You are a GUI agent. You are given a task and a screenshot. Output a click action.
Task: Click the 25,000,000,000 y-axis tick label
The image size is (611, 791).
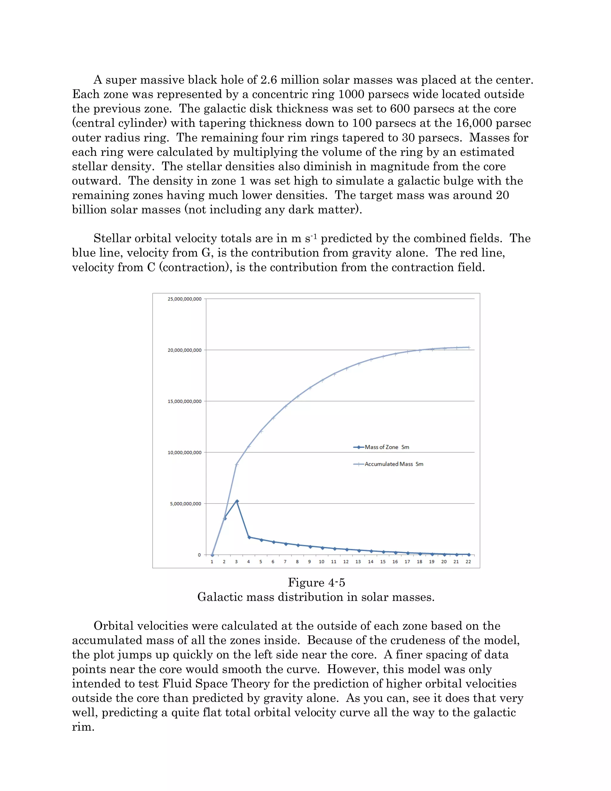(184, 299)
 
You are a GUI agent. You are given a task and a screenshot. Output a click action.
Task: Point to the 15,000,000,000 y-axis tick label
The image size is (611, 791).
(184, 401)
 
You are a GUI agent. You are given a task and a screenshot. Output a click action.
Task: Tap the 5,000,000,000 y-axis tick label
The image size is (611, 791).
(185, 504)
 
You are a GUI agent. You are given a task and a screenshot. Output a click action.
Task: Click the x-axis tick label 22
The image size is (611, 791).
(468, 562)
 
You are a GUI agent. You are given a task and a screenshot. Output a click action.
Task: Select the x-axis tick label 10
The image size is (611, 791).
(321, 562)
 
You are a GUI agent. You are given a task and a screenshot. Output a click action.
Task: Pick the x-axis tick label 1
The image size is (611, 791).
(212, 562)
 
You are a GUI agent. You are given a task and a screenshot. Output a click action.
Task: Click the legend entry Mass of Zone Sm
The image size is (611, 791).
(387, 447)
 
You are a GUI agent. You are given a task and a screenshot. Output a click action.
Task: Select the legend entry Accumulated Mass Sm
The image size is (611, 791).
(394, 464)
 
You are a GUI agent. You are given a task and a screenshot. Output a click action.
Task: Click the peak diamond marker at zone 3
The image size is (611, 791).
(237, 501)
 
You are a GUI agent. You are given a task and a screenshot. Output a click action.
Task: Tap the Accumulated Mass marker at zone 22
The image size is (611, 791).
(469, 347)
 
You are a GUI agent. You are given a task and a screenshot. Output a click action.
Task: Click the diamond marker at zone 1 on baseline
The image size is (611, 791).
(212, 555)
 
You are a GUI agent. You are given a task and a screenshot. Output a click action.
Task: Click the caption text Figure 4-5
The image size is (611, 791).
(316, 582)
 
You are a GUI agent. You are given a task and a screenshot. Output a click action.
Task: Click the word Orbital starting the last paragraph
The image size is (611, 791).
(112, 626)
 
